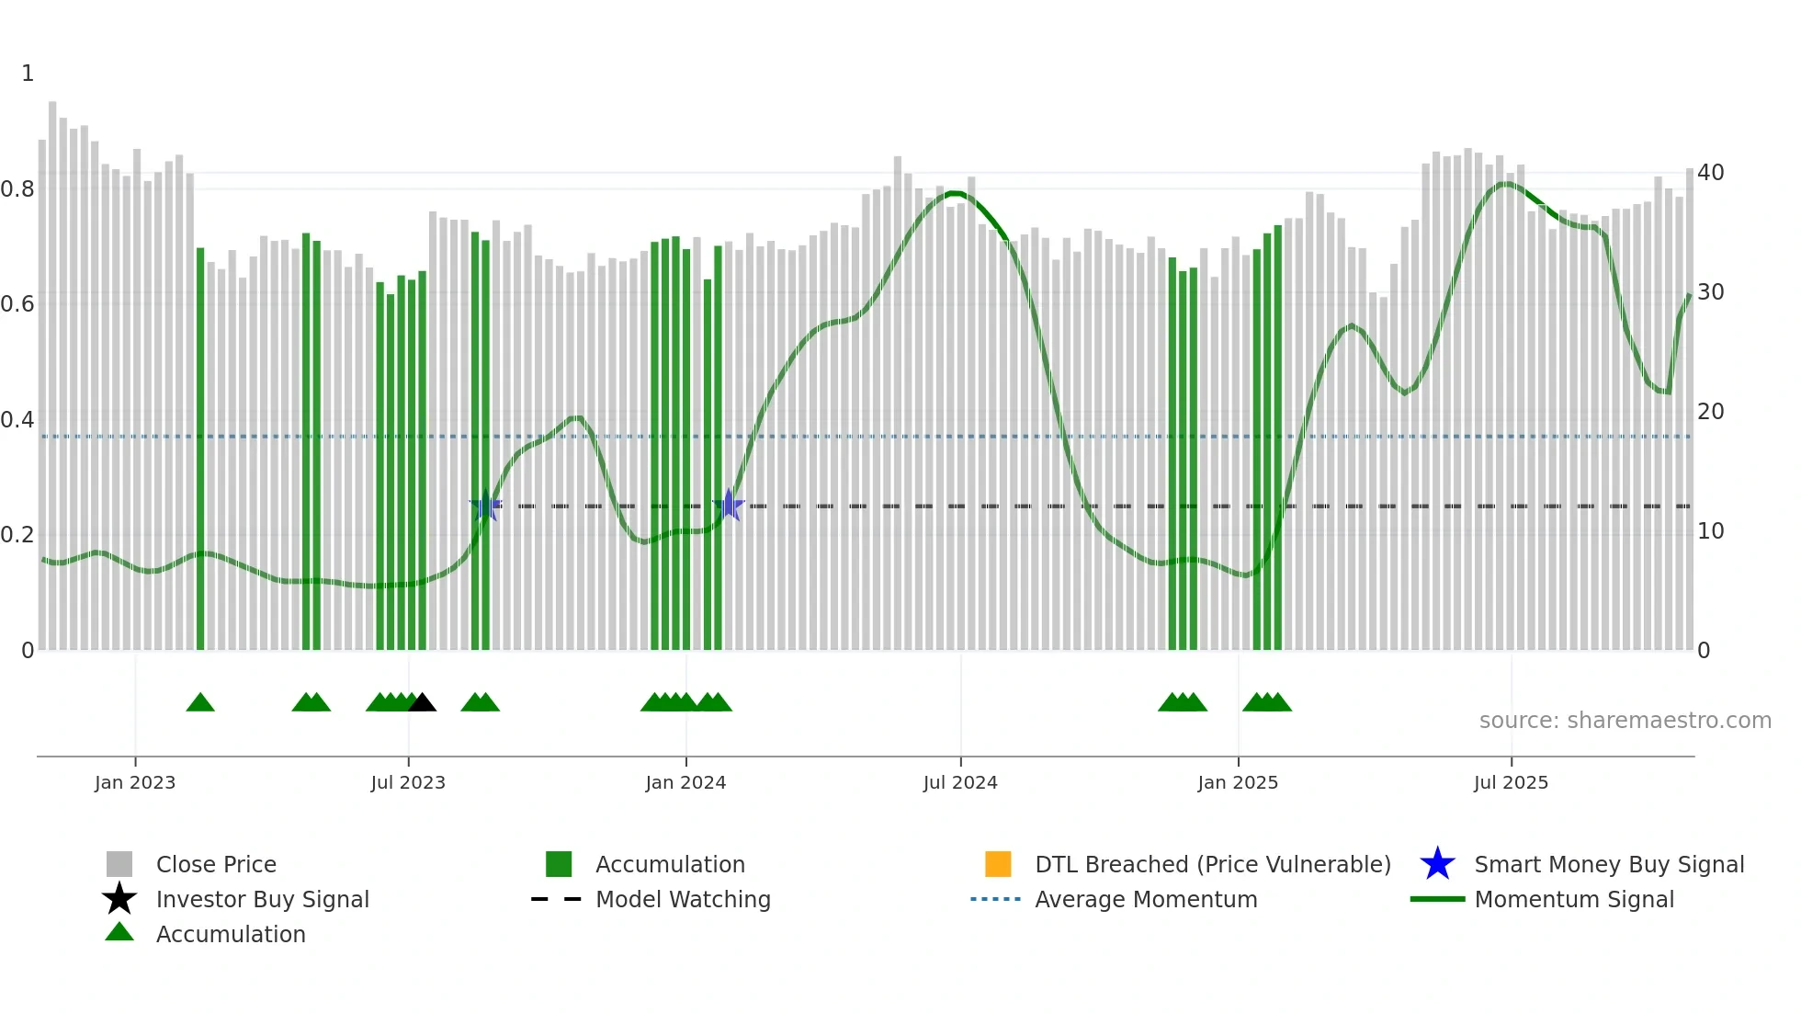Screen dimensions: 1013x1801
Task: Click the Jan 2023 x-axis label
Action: pos(134,782)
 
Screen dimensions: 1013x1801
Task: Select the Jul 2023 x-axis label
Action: pos(408,782)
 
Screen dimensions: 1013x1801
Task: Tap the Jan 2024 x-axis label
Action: pos(685,782)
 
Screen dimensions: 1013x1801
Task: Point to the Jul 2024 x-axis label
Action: pos(960,782)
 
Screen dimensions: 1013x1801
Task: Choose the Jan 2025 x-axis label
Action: pos(1238,782)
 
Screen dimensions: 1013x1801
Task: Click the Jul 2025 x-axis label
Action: pos(1511,782)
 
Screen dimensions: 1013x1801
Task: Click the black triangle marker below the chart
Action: pos(422,703)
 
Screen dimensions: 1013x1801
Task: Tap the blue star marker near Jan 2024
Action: pos(729,505)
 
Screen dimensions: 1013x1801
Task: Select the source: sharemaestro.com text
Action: pos(1625,721)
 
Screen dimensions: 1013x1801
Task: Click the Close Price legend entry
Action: pos(215,864)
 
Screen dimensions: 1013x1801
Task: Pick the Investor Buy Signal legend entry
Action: pos(262,899)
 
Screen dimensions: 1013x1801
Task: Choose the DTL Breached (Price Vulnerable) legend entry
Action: pos(1212,864)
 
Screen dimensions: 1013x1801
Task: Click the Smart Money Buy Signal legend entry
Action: pos(1608,864)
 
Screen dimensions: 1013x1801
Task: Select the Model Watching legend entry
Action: pos(683,899)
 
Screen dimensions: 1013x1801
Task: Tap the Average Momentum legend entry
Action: pos(1145,899)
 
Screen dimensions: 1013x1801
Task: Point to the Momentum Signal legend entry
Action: pos(1573,899)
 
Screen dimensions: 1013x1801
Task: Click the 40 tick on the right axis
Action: pos(1710,173)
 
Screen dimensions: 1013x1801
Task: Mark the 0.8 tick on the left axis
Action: pos(17,189)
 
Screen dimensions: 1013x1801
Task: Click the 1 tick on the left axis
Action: pos(28,74)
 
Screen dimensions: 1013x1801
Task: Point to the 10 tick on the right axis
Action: pos(1710,531)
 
